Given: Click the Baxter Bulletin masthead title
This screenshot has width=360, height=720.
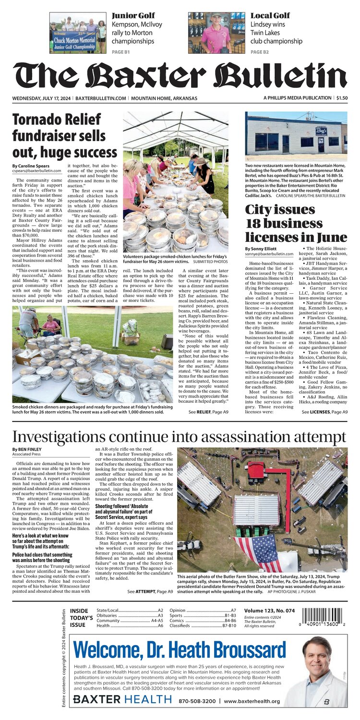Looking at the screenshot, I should point(180,77).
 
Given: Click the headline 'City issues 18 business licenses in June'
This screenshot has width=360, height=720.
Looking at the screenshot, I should point(296,223).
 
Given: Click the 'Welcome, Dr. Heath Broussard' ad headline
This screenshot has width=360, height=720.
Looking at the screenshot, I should point(180,651).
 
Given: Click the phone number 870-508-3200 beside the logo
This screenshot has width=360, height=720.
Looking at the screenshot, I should point(197,701).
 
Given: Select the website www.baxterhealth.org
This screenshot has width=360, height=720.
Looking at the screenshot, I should point(252,701).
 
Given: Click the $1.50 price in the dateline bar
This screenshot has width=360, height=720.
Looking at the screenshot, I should point(342,98).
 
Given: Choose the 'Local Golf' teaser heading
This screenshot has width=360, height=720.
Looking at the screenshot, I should point(270,15).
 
